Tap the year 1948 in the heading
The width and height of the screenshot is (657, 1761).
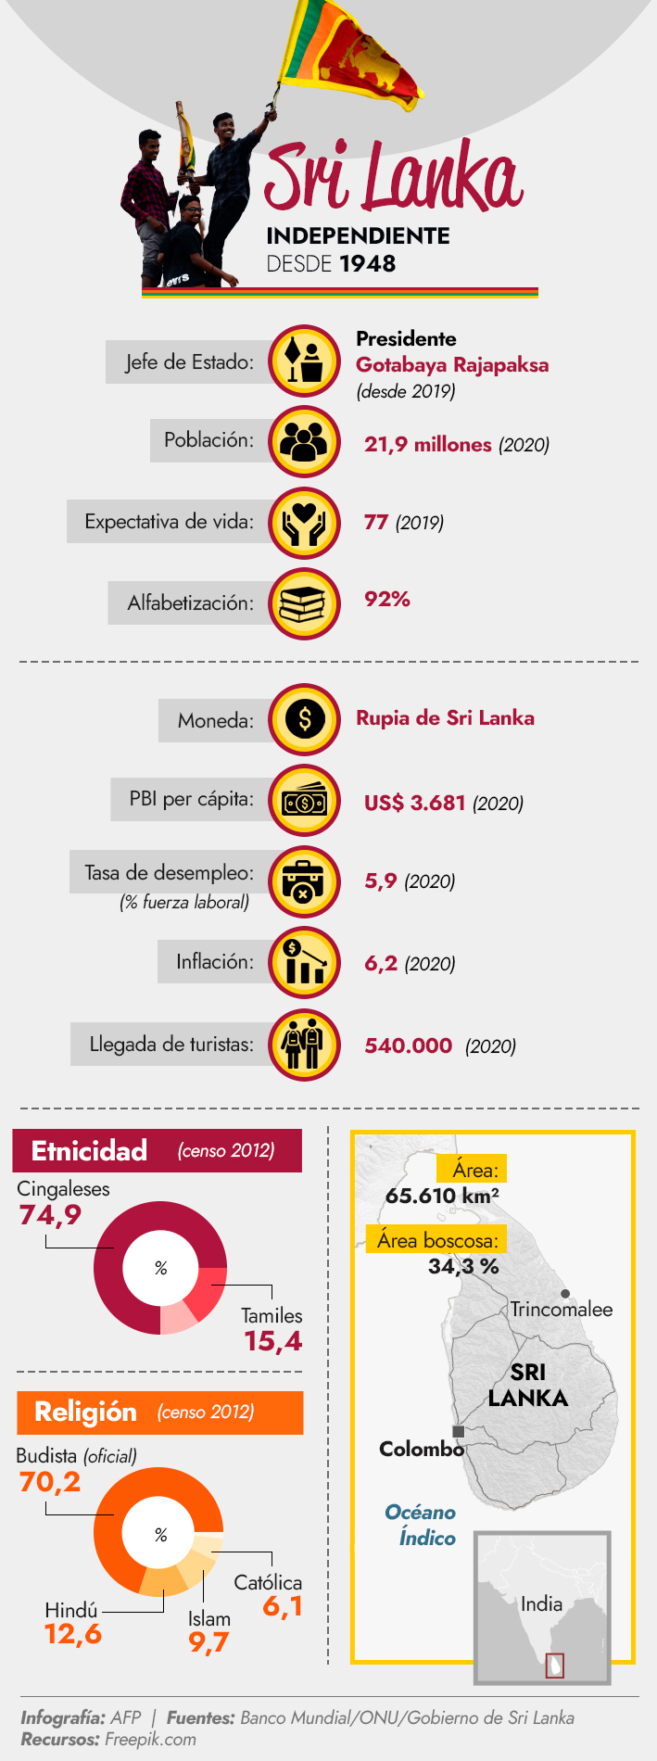click(368, 264)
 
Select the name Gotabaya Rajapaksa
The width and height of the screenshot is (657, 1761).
click(452, 365)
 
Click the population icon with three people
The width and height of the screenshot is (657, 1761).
click(304, 442)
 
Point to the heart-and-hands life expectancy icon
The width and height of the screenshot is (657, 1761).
click(304, 523)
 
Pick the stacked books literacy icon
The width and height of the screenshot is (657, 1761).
click(304, 604)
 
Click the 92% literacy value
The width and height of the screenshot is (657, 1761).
click(387, 600)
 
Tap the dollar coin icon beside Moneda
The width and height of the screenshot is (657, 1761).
click(304, 719)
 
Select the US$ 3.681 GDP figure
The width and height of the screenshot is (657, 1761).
click(414, 803)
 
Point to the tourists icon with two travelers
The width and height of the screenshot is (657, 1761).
click(304, 1045)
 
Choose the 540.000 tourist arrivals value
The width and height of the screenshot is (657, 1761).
click(409, 1046)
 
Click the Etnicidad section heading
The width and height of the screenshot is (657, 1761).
click(90, 1151)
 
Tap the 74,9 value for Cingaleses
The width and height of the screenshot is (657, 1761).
click(50, 1215)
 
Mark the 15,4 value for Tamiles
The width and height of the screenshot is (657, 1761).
click(273, 1341)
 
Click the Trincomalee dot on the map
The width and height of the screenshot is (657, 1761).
click(565, 1293)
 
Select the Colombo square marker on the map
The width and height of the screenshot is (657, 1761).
click(458, 1431)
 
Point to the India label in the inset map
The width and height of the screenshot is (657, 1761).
click(541, 1604)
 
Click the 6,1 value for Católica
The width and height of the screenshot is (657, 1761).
click(283, 1606)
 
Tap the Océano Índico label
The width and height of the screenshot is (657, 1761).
click(421, 1525)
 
